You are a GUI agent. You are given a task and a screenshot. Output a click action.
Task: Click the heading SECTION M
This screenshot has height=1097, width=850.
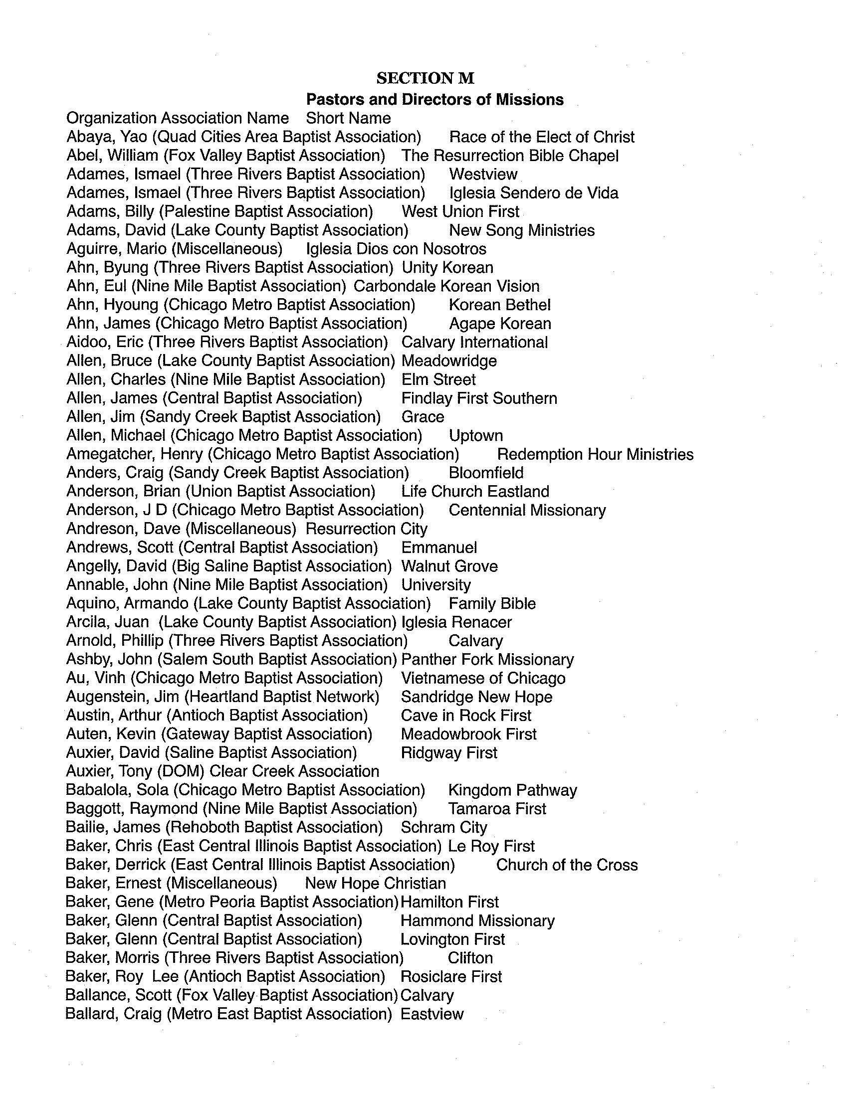425,78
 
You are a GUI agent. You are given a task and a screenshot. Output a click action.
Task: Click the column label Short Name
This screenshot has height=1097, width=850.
348,119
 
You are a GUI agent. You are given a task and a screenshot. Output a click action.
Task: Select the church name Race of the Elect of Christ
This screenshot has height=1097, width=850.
542,137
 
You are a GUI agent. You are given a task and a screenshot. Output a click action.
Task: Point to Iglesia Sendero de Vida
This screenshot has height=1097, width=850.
534,193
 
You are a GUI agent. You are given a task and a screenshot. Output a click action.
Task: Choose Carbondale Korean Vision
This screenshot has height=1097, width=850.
446,286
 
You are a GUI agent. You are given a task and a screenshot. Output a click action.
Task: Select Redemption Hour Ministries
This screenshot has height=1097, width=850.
595,455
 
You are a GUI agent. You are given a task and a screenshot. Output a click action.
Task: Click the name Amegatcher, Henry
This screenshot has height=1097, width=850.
135,455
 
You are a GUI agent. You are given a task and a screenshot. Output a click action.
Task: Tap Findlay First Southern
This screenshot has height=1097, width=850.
479,398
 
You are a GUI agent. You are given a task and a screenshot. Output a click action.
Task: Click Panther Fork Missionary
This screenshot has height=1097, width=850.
487,660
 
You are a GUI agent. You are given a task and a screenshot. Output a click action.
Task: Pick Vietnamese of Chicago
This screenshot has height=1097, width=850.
483,678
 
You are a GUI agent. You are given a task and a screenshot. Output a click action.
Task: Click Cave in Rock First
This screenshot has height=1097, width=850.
466,716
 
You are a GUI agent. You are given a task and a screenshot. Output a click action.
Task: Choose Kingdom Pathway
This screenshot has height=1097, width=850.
512,791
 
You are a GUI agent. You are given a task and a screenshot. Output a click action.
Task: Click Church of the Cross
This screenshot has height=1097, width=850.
567,865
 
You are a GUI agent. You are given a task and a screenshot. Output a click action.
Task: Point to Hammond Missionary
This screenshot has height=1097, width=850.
477,920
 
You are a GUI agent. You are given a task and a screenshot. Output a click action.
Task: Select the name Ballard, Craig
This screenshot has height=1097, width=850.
113,1014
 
